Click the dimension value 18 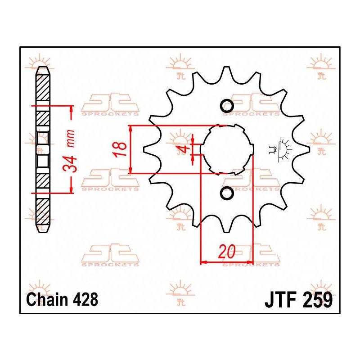click(120, 149)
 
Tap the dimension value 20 click(227, 252)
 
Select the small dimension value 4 click(184, 150)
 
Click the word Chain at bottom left click(47, 299)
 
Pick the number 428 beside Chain click(85, 299)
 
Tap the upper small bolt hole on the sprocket click(227, 106)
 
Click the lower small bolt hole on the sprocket click(227, 193)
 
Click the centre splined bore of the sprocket click(227, 149)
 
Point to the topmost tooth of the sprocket click(227, 71)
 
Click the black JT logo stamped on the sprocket click(280, 149)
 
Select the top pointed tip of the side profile click(43, 67)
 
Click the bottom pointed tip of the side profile click(43, 232)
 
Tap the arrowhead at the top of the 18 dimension click(130, 129)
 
